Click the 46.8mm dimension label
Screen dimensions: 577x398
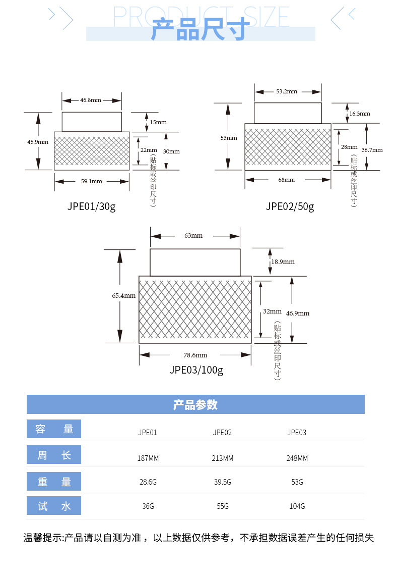[91, 100]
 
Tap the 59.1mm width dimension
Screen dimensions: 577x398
[92, 181]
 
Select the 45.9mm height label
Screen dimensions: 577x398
[38, 142]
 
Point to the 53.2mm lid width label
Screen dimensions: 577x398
[287, 91]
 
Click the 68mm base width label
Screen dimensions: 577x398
[287, 179]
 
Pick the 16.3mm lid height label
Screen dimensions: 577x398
[360, 114]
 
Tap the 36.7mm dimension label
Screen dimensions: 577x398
[372, 150]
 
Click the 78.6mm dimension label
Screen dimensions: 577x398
[195, 355]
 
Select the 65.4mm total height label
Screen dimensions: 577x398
[124, 296]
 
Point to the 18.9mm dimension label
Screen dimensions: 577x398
[283, 262]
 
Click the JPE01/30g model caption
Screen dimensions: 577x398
[91, 206]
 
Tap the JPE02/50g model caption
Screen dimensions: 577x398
[290, 206]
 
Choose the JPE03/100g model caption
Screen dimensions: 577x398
[196, 370]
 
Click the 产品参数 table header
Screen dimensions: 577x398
[195, 405]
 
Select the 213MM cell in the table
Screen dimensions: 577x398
[222, 458]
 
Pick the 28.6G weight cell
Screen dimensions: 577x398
[148, 482]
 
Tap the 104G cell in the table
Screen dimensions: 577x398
[297, 506]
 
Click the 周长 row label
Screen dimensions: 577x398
[54, 455]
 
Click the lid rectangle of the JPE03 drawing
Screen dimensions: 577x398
[195, 263]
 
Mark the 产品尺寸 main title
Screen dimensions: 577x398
[201, 29]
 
